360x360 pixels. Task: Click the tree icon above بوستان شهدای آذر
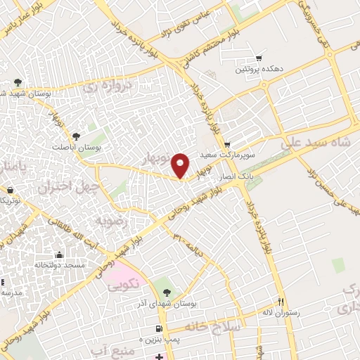click(166, 292)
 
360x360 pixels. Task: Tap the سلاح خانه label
click(213, 327)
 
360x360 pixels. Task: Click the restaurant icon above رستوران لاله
click(280, 302)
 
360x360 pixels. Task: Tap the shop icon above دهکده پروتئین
click(259, 59)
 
